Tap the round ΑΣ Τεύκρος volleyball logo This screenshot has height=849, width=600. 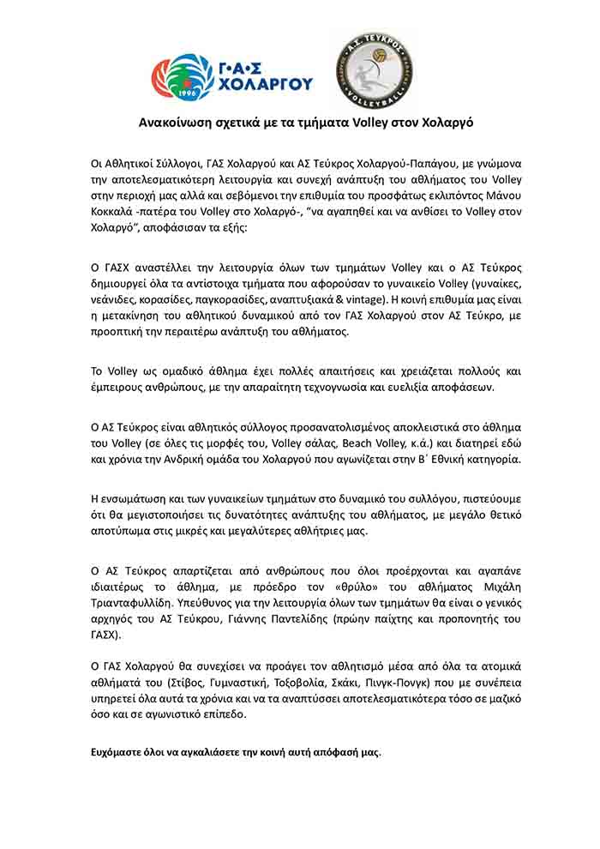tap(375, 70)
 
